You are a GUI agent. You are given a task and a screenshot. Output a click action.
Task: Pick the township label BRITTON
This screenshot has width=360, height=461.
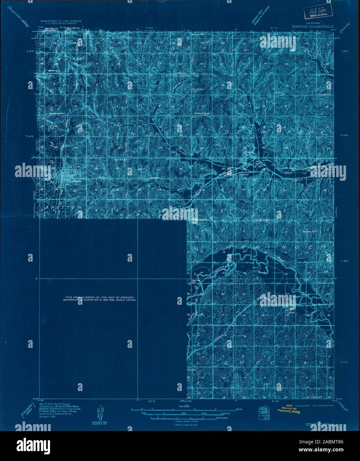pos(61,207)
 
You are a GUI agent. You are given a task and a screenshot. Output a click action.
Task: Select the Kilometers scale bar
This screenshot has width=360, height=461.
pos(183,417)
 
